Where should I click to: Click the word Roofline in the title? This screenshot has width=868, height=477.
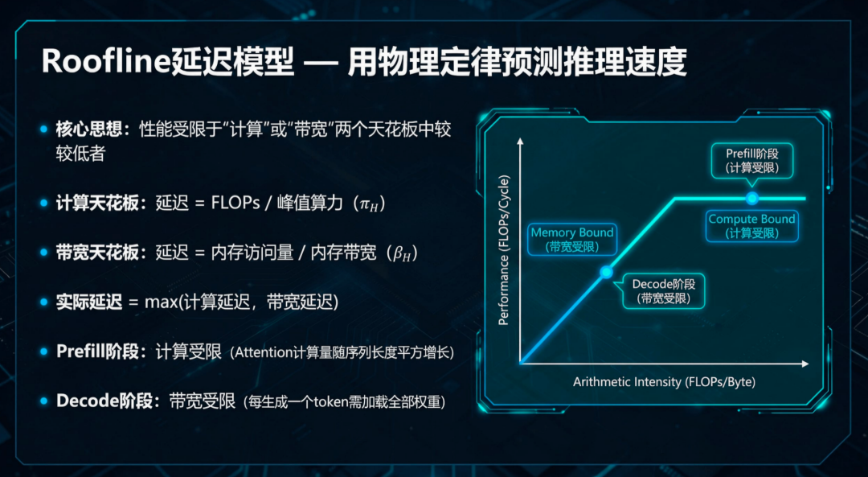coord(104,62)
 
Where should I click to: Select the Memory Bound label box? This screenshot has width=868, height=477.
coord(571,239)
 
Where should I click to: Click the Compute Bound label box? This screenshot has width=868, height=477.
coord(751,225)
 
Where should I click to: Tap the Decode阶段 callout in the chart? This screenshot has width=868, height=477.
coord(663,291)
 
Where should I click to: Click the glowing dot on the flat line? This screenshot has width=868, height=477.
coord(751,198)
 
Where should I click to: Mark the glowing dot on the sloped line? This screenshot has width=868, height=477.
coord(607,272)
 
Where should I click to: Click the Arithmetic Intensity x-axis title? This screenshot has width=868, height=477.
coord(664,381)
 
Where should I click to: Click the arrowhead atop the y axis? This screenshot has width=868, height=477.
coord(520,142)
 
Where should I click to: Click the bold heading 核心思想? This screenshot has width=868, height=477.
coord(88,129)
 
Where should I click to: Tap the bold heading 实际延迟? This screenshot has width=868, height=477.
coord(88,302)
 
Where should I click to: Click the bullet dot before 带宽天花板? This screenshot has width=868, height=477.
coord(44,253)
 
